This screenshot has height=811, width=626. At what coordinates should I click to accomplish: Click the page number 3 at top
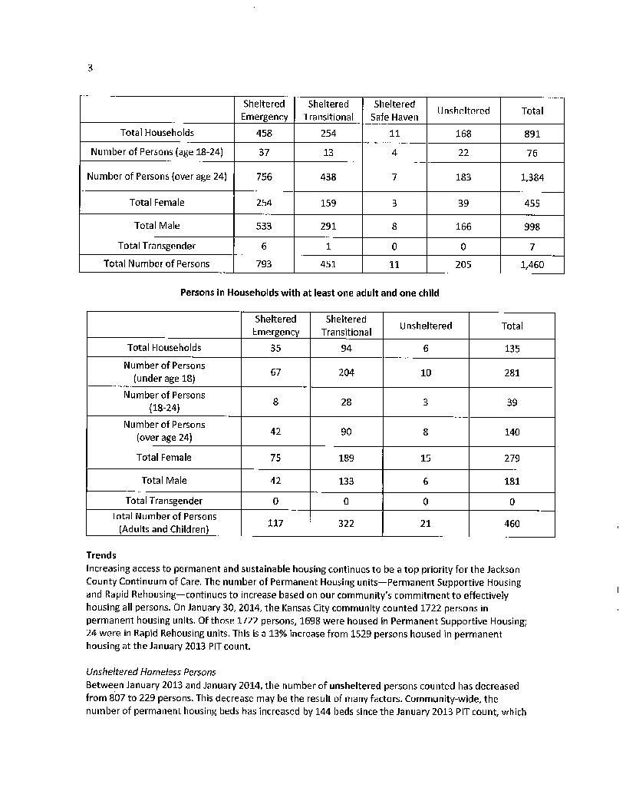pos(90,68)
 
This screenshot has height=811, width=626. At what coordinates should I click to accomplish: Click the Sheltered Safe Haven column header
pos(394,110)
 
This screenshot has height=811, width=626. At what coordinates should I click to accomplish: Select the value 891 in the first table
pos(532,133)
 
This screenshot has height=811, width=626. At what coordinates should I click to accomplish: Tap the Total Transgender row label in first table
pos(156,246)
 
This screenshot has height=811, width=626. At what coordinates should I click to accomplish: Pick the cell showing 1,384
pos(532,177)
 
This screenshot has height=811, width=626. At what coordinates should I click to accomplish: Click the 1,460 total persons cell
pos(532,264)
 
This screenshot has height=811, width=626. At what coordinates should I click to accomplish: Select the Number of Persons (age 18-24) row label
pos(156,152)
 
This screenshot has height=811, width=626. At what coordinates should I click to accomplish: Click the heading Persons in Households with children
pos(309,293)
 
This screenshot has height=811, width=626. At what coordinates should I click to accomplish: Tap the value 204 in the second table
pos(345,372)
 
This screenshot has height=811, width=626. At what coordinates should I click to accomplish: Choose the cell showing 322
pos(345,523)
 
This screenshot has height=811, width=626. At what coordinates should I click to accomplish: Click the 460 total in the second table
pos(512,523)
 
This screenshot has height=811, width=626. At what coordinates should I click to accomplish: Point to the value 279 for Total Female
pos(512,458)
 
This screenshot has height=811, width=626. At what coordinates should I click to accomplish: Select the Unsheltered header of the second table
pos(426,326)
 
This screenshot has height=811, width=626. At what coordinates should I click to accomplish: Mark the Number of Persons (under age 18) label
pos(164,372)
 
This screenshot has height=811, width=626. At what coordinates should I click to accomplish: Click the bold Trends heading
pos(101,555)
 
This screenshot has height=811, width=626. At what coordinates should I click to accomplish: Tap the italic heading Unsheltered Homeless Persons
pos(151,671)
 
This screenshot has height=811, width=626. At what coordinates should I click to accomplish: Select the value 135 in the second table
pos(512,348)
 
